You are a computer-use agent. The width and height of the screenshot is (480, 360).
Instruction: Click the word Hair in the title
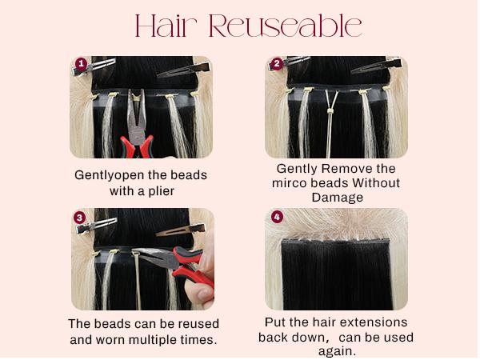pyautogui.click(x=167, y=26)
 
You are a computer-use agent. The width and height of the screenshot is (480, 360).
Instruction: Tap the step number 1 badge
pyautogui.click(x=80, y=63)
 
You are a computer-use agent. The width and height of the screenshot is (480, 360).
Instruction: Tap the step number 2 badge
pyautogui.click(x=277, y=63)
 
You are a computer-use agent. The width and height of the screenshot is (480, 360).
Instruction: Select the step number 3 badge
pyautogui.click(x=80, y=217)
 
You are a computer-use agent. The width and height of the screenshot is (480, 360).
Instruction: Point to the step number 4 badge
pyautogui.click(x=277, y=217)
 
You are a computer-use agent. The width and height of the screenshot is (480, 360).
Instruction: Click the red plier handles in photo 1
pyautogui.click(x=137, y=146)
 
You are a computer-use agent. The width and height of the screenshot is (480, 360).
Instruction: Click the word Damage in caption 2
pyautogui.click(x=337, y=198)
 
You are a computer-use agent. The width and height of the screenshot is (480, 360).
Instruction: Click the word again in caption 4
pyautogui.click(x=337, y=350)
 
